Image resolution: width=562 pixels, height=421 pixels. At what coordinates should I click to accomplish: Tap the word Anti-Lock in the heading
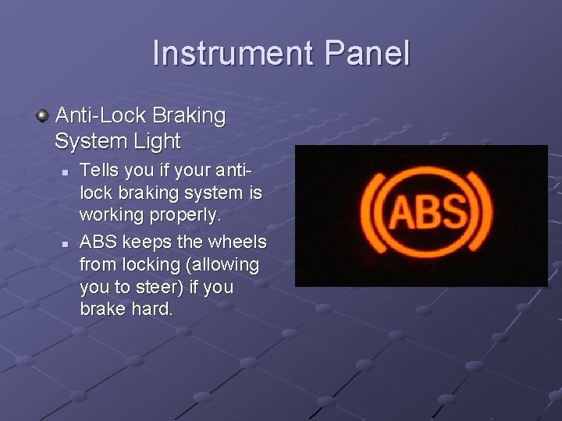point(101,116)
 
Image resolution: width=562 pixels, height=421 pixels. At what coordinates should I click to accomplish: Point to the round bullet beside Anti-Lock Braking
point(42,117)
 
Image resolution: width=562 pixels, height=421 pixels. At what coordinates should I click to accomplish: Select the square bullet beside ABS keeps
point(67,244)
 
